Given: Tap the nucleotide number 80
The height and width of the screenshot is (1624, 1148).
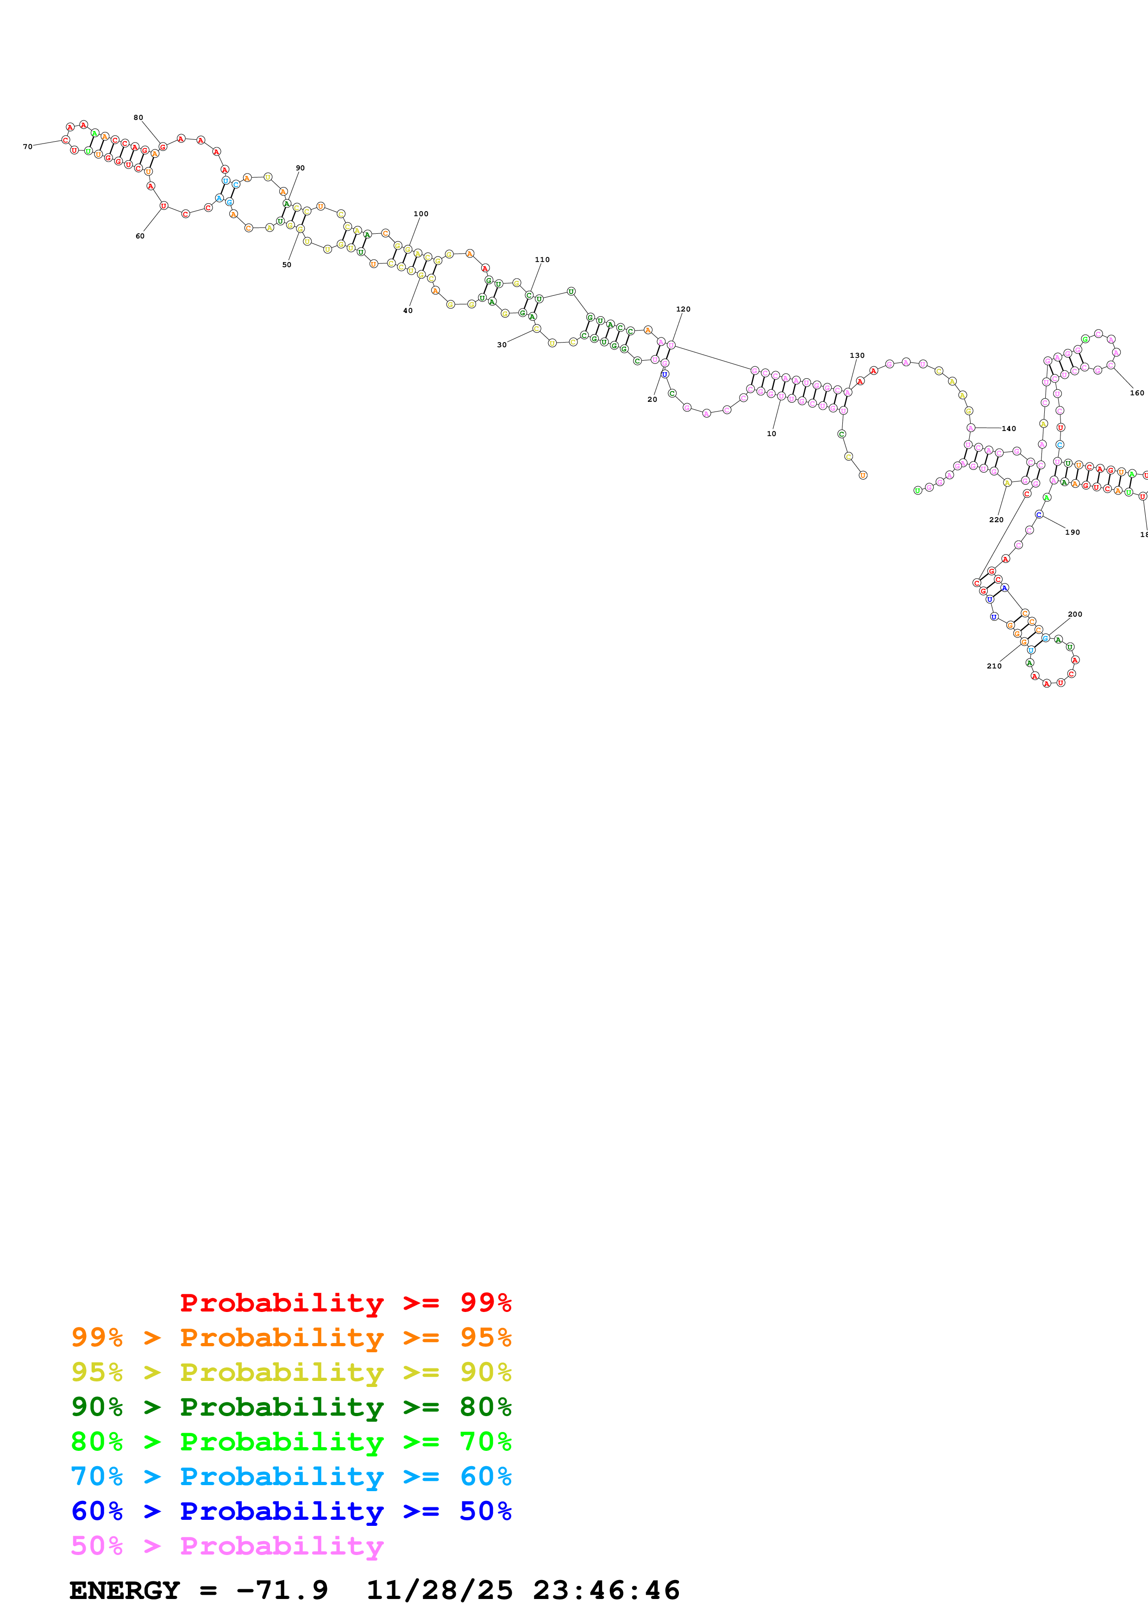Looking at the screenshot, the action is (x=138, y=118).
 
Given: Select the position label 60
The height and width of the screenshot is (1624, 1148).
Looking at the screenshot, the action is (x=140, y=236).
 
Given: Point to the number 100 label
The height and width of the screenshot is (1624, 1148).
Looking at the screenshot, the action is (x=421, y=213).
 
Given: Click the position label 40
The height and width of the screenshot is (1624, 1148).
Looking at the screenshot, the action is (x=408, y=311).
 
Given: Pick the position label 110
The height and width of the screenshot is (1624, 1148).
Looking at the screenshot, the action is (x=543, y=260).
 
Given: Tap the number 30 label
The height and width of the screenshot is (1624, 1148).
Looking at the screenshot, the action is (x=502, y=345).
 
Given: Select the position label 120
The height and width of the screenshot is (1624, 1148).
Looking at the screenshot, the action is (x=683, y=309).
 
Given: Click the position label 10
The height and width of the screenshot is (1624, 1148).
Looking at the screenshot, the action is (x=772, y=434).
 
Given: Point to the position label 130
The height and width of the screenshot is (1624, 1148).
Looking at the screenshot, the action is (x=857, y=356).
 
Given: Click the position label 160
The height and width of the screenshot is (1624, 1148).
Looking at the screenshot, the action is (x=1137, y=393).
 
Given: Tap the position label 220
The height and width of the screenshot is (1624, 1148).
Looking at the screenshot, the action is (x=996, y=520).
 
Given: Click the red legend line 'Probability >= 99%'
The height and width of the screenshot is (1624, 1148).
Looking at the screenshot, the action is (x=345, y=1303).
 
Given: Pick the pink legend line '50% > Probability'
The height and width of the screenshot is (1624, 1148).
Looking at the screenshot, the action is (x=227, y=1546).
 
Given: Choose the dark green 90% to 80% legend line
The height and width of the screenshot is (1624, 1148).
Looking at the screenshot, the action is (x=291, y=1407).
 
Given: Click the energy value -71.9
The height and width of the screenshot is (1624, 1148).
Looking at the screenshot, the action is (x=282, y=1591).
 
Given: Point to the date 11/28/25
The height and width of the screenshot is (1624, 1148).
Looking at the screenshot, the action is (x=439, y=1591).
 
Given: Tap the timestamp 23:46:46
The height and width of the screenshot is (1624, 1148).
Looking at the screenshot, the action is (x=606, y=1591).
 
